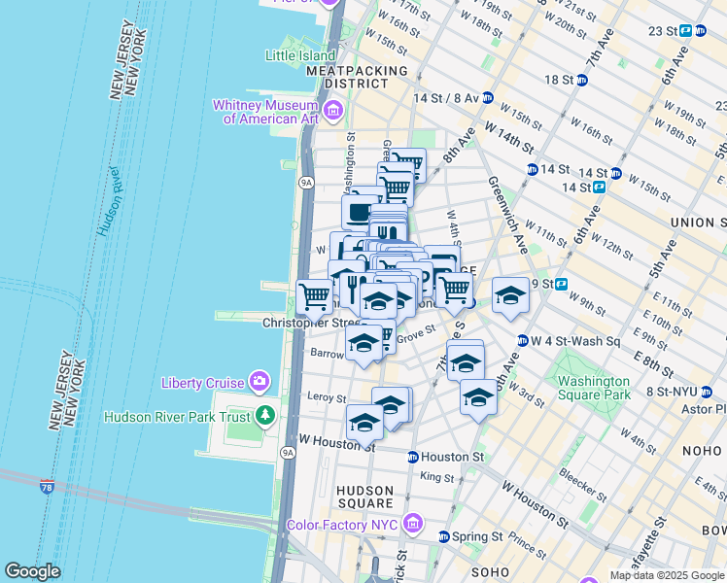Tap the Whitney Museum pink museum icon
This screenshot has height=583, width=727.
point(333,112)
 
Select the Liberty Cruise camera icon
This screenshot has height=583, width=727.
point(259,382)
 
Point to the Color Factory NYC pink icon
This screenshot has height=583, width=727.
point(415,525)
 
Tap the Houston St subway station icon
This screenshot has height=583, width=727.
point(413,457)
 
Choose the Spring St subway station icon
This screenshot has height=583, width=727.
point(444,536)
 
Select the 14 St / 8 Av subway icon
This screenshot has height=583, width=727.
point(487,98)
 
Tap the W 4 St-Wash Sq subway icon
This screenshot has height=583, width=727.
point(522,341)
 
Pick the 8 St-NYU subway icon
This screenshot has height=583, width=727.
point(707,393)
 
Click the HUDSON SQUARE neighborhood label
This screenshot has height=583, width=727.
point(363,497)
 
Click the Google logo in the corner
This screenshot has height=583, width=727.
point(32,572)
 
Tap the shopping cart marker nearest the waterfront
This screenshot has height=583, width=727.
point(314,295)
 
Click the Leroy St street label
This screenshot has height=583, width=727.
point(327,397)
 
